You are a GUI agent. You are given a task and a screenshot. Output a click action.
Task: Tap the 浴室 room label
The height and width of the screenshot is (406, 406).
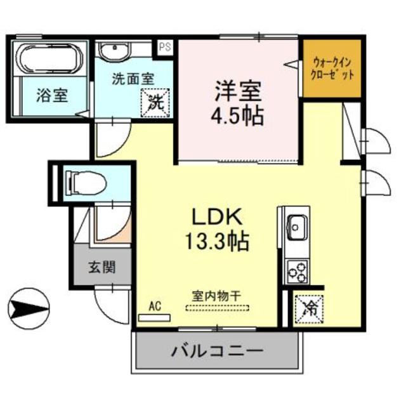[x=52, y=96]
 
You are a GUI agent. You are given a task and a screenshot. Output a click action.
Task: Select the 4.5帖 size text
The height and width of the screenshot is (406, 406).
[x=238, y=117]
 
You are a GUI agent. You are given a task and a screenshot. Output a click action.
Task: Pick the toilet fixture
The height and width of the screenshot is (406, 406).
[x=86, y=183]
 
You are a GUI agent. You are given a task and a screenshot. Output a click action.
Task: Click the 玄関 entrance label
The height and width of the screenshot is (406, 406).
[x=101, y=267]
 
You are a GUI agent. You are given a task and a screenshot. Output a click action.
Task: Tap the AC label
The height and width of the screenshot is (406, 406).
[x=155, y=305]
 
